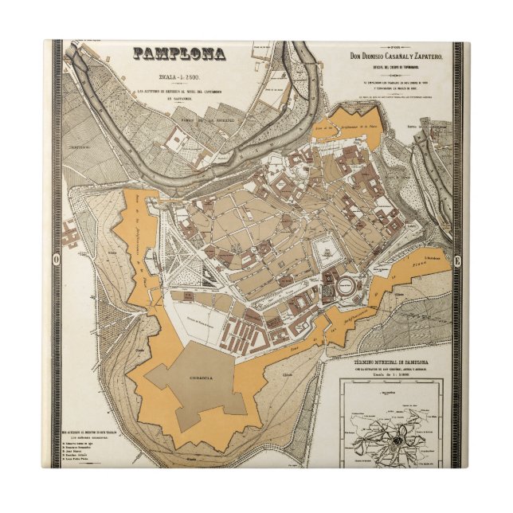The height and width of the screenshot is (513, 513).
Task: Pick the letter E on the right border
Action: pyautogui.click(x=456, y=259)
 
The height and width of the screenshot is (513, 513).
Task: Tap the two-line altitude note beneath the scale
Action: pyautogui.click(x=180, y=96)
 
